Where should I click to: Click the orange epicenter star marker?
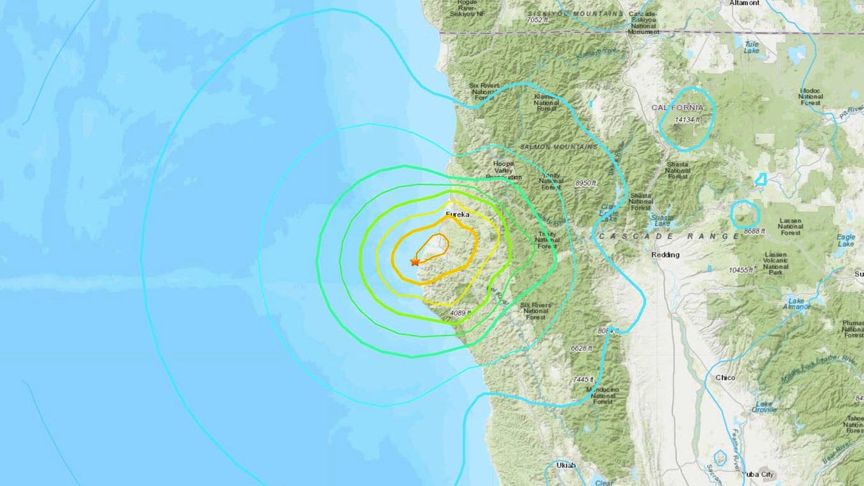pos(415,261)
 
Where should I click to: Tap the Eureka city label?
pos(458,214)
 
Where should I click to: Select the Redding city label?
pos(665,255)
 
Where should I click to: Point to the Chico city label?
pos(725,377)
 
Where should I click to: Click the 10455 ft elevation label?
pos(741,269)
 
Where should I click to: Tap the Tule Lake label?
pos(751,46)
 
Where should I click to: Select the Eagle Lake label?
pos(845,240)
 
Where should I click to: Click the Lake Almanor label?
pos(796,304)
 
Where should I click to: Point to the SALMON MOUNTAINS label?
pos(559,147)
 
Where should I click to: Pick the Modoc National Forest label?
pos(810,97)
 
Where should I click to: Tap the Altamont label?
pos(743,3)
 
